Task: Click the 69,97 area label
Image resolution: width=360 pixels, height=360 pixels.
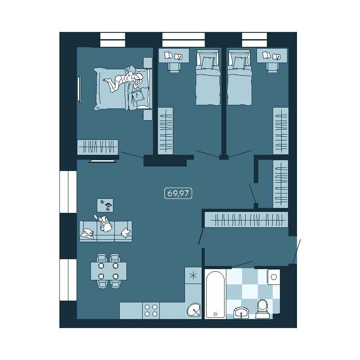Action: (178, 193)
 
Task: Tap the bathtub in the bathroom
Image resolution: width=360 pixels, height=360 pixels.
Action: (215, 294)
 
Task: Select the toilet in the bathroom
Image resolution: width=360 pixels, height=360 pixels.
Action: (262, 309)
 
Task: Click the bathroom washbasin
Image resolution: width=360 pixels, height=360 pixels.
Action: (241, 313)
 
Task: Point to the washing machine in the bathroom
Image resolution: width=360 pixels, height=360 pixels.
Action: (274, 277)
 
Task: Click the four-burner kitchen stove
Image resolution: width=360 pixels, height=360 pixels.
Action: (151, 310)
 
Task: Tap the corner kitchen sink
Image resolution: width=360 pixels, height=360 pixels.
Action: (194, 310)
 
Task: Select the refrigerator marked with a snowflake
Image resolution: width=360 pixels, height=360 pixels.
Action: (193, 275)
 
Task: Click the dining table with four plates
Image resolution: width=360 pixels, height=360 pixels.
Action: (108, 271)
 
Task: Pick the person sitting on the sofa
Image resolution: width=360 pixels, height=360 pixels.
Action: (104, 223)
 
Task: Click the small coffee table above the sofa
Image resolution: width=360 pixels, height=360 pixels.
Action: (105, 205)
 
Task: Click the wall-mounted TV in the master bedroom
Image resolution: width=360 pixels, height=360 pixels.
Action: (80, 89)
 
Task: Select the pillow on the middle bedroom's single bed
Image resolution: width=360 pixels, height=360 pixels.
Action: (207, 63)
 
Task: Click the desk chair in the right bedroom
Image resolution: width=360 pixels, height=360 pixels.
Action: (273, 68)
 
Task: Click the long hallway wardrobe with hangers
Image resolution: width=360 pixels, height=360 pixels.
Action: (246, 220)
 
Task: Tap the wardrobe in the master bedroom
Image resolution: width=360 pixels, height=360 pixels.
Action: (98, 147)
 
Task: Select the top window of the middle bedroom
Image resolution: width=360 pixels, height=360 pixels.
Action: (184, 40)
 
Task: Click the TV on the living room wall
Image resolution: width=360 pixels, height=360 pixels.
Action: (103, 161)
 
